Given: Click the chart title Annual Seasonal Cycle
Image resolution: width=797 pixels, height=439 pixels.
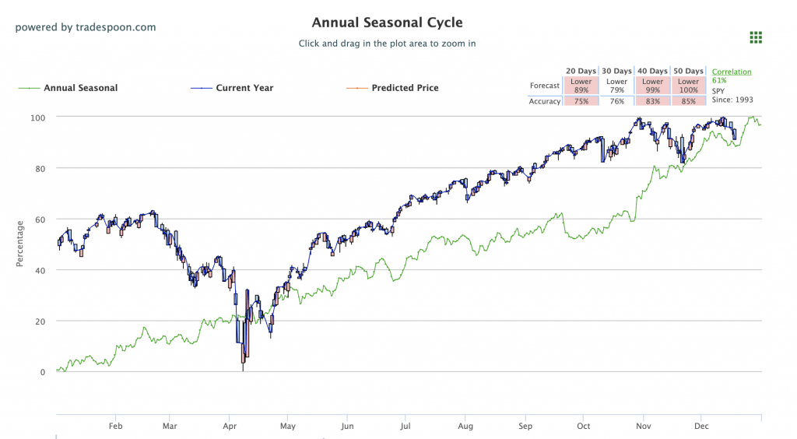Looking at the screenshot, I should [x=387, y=23].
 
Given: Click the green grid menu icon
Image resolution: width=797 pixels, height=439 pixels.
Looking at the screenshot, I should [x=755, y=37].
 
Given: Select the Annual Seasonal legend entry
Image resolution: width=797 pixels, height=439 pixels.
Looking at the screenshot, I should [x=80, y=88].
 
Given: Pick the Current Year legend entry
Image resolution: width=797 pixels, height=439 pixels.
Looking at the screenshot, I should [x=244, y=88].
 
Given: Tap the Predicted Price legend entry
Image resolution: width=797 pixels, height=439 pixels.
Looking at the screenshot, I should [x=405, y=88].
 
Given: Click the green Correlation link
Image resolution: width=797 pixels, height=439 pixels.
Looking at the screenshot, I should [x=732, y=72].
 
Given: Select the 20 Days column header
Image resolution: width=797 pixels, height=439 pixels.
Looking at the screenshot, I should [x=581, y=71].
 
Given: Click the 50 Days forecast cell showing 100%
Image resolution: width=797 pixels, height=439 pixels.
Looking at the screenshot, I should [x=688, y=86].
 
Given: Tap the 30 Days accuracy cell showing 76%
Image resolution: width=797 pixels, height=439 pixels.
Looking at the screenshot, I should [x=616, y=101].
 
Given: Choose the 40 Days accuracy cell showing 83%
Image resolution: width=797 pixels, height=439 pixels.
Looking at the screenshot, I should [x=652, y=101].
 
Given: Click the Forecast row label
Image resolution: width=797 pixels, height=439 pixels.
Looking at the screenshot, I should [x=545, y=86].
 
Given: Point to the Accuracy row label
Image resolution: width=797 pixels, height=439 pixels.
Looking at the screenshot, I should [x=545, y=101].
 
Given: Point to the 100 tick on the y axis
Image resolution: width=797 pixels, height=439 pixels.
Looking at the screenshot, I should [x=38, y=117].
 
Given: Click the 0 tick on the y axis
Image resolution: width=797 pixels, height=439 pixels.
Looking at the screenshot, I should [x=43, y=372].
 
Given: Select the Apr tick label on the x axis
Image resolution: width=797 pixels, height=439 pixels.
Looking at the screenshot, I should [x=230, y=427].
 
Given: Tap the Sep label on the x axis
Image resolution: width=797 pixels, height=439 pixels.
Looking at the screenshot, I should [x=525, y=427].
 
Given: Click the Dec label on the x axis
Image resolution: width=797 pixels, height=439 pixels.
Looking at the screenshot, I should [x=703, y=427].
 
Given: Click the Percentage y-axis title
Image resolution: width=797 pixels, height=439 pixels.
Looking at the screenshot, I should [x=20, y=244].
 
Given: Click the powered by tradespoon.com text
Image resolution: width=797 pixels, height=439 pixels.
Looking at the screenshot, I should [x=86, y=27].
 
